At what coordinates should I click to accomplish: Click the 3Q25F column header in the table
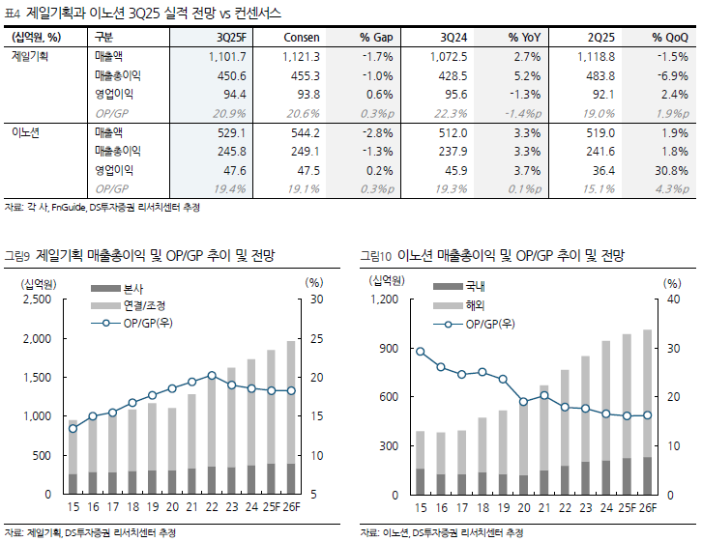[x=231, y=37]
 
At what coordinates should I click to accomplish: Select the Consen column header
[x=301, y=37]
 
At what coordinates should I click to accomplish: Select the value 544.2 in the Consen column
[x=303, y=131]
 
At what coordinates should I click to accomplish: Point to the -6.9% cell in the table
[x=672, y=75]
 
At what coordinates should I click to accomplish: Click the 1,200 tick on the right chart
[x=385, y=300]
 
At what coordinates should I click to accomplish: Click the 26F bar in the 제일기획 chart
[x=290, y=415]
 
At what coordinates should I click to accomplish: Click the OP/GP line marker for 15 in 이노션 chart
[x=420, y=352]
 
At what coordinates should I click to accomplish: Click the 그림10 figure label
[x=375, y=256]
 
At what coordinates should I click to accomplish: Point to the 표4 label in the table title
[x=13, y=12]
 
